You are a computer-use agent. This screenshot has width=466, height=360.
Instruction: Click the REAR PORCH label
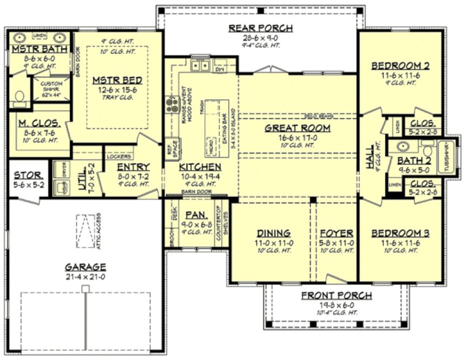(261, 28)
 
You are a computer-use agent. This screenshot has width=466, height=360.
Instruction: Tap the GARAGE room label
(86, 267)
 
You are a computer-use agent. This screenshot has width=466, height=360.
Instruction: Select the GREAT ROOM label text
(297, 128)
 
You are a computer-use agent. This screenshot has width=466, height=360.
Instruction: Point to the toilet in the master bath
(20, 97)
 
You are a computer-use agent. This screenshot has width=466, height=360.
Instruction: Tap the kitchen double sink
(199, 66)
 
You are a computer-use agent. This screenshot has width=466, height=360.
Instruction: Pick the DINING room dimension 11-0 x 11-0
(274, 243)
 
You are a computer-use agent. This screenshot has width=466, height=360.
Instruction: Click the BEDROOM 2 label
(400, 66)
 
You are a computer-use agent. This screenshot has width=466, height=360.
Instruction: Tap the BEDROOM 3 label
(400, 234)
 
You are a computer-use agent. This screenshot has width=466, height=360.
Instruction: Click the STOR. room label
(25, 175)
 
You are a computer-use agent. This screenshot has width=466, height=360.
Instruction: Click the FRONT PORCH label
(336, 295)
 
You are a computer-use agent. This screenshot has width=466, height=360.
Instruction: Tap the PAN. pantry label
(193, 215)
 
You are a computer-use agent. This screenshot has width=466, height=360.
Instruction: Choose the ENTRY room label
(133, 167)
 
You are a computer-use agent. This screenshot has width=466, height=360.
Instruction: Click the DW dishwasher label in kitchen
(220, 70)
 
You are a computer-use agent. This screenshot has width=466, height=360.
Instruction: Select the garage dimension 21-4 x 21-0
(86, 277)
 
